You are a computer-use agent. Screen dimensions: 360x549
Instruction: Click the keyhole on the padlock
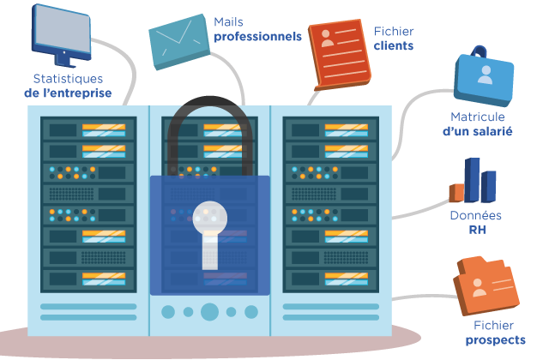tap(209, 236)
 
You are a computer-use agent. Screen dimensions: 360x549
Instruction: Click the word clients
tap(394, 45)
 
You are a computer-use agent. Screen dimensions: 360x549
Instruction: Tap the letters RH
tap(476, 230)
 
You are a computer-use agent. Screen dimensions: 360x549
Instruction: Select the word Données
tap(476, 216)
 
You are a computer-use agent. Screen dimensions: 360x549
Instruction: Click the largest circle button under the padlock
tap(209, 311)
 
